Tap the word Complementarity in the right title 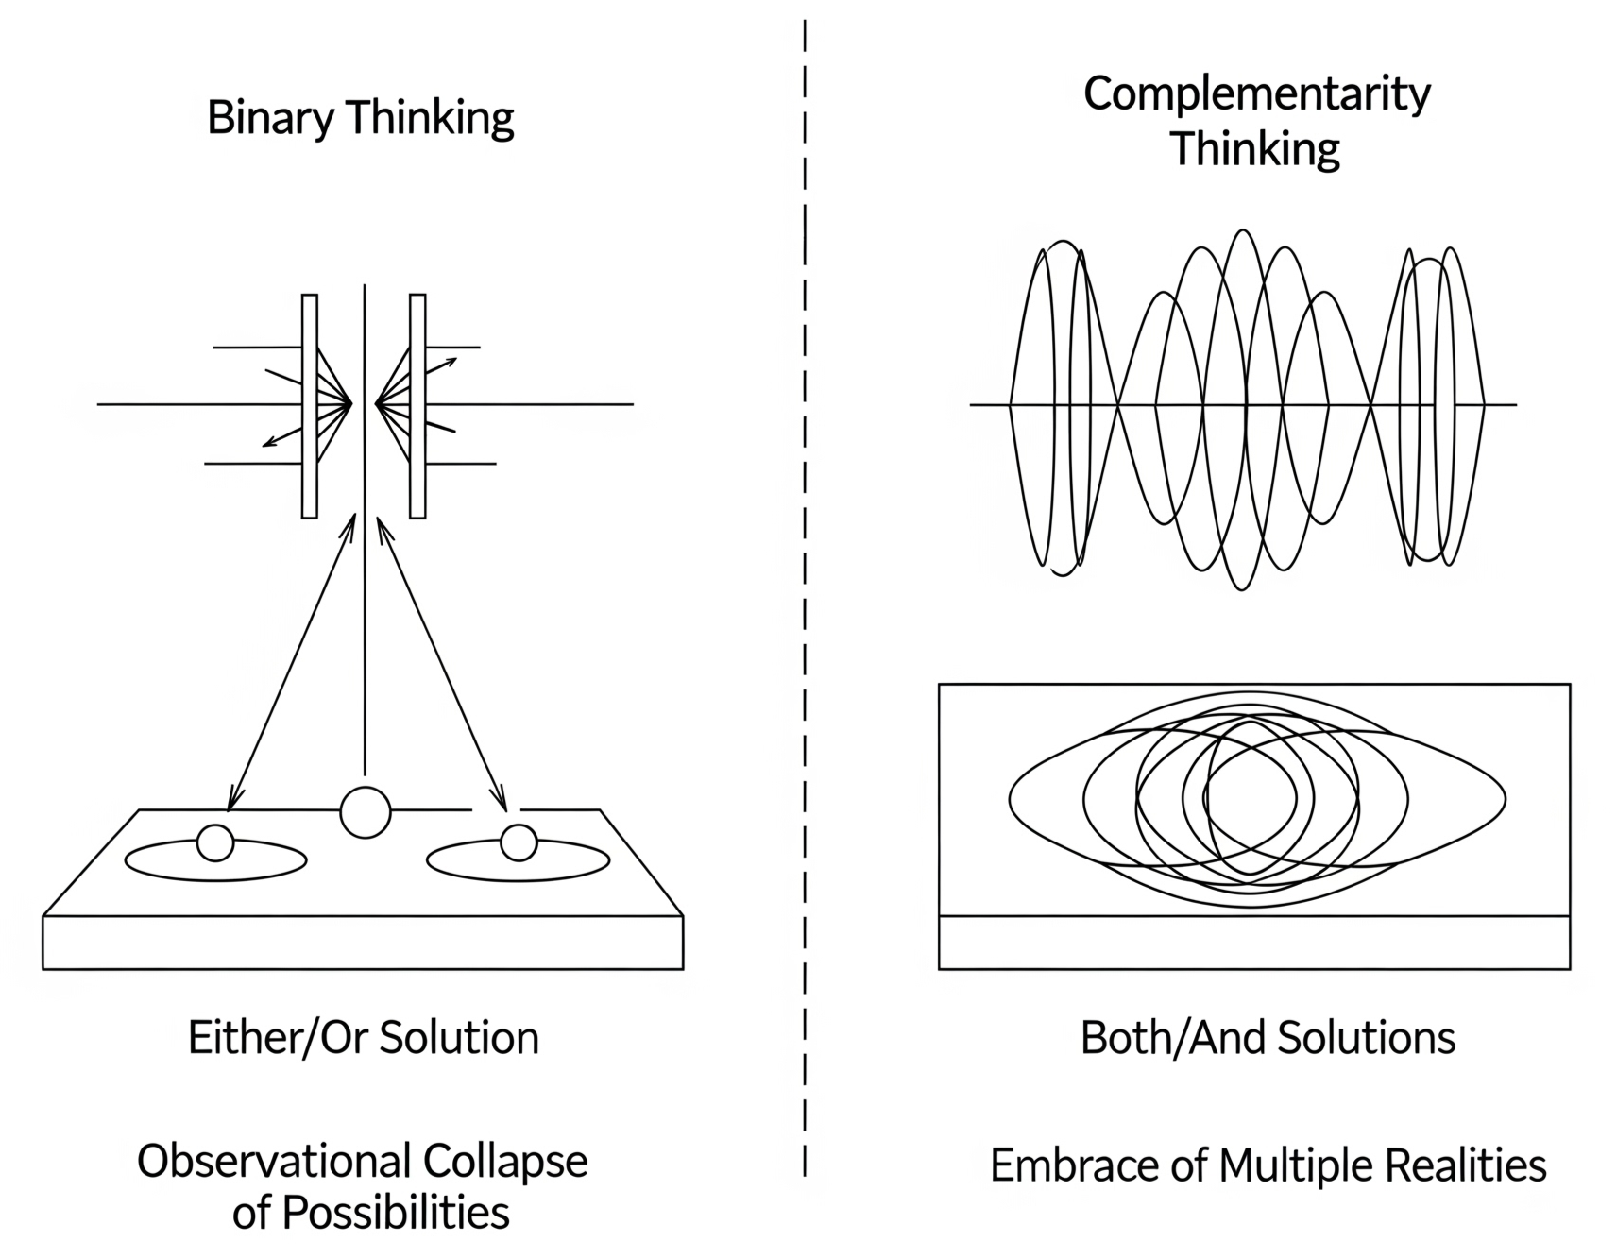pos(1256,94)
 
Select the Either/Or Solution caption pos(364,1038)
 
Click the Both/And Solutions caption pos(1268,1038)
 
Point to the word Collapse pos(505,1162)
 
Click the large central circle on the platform pos(365,811)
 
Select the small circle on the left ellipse pos(215,842)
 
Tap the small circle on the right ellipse pos(519,842)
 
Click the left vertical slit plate pos(309,406)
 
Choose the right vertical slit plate pos(417,406)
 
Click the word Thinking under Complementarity pos(1255,149)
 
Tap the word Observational pos(275,1162)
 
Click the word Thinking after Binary pos(431,119)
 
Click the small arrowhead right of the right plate pos(452,361)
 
